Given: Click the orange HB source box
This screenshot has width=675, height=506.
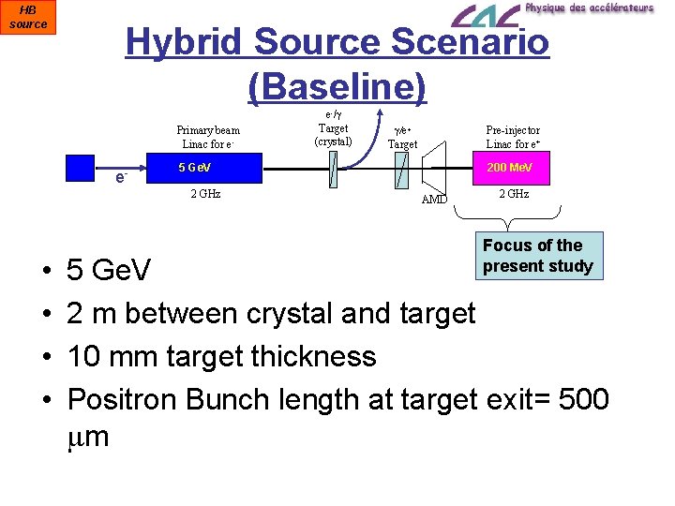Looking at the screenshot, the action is tap(28, 17).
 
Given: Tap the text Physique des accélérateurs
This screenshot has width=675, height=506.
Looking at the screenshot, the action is tap(589, 7).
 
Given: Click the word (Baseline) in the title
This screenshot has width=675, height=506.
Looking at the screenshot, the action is tap(337, 87).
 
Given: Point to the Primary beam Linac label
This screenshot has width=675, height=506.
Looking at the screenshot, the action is tap(208, 137).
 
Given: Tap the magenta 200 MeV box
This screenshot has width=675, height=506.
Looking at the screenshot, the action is tap(510, 168).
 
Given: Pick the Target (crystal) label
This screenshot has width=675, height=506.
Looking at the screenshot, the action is tap(334, 134).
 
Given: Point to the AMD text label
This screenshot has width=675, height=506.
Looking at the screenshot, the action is tap(434, 200).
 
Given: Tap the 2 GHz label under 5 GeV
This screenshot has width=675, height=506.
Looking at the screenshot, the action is tap(205, 194).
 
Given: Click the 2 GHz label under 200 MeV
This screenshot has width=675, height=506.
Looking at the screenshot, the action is tap(514, 194).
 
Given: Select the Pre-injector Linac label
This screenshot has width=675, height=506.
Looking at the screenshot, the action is tap(513, 137).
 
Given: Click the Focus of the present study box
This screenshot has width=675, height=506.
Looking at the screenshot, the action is tap(538, 256).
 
